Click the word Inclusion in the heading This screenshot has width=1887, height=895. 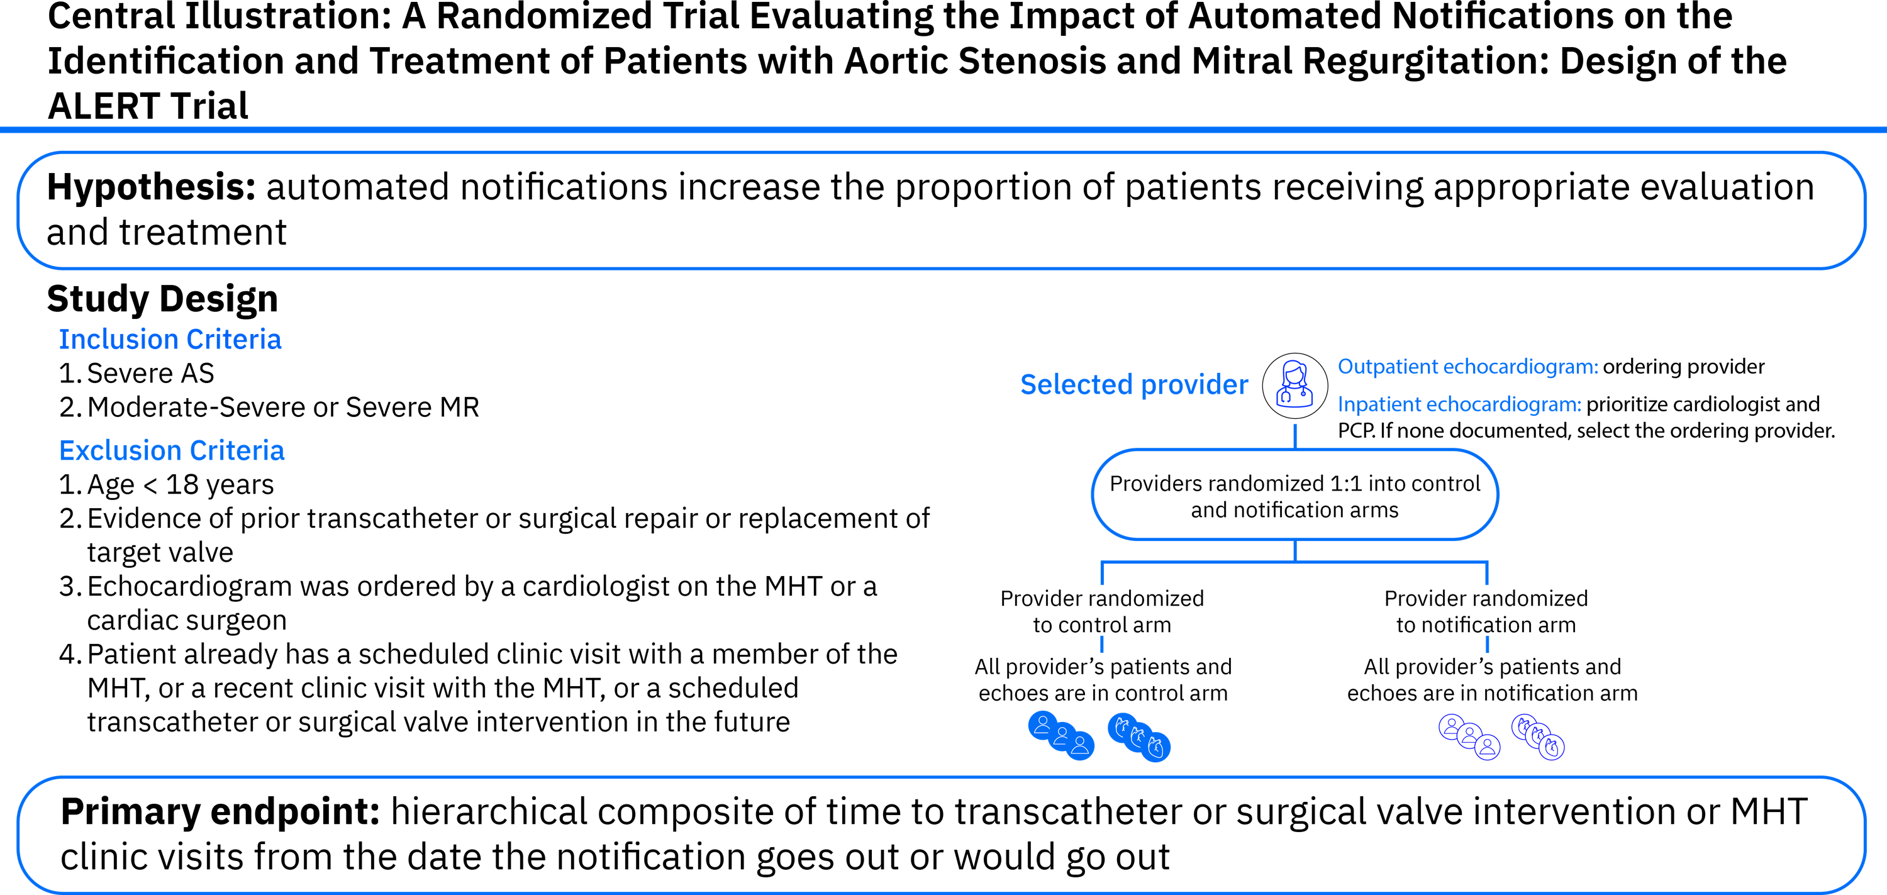click(x=118, y=340)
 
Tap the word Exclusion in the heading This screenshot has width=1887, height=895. click(x=120, y=451)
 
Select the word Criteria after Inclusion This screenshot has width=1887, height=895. click(x=234, y=340)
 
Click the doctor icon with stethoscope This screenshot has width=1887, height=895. click(x=1294, y=386)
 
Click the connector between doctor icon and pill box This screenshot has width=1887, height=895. click(x=1294, y=435)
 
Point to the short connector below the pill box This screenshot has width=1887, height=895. click(x=1294, y=552)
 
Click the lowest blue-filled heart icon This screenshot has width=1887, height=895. click(x=1157, y=748)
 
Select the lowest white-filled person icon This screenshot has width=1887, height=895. click(x=1487, y=747)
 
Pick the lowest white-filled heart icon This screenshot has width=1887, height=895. click(x=1552, y=747)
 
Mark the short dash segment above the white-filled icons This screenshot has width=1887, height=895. click(x=1486, y=644)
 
